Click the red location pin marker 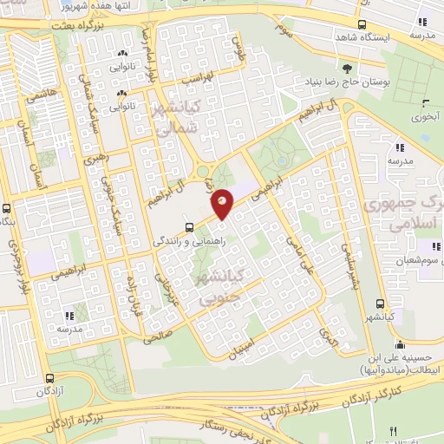[x=223, y=202]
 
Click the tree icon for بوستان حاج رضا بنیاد [x=348, y=68]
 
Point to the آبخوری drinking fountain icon [x=421, y=97]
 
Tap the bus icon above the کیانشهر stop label [x=379, y=304]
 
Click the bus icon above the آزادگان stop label [x=49, y=378]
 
